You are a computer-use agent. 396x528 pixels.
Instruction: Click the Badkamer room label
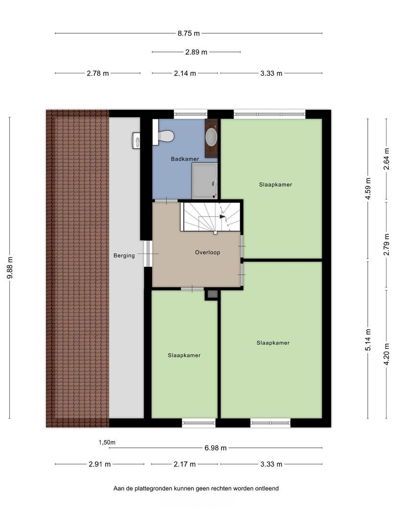click(x=185, y=159)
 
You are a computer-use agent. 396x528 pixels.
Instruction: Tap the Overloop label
click(x=207, y=252)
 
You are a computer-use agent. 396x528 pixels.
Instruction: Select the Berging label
click(x=124, y=256)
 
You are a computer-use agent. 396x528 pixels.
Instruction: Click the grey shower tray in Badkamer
click(x=205, y=181)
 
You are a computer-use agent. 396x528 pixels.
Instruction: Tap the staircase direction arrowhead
click(x=222, y=217)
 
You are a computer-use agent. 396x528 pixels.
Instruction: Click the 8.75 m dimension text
click(x=189, y=33)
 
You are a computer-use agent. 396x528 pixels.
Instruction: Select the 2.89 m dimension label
click(x=197, y=52)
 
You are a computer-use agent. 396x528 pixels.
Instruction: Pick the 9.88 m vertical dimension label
click(x=10, y=268)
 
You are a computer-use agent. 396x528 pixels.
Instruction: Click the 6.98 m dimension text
click(x=216, y=448)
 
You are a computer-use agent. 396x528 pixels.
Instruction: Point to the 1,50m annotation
click(x=107, y=442)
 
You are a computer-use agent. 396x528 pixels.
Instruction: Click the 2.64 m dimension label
click(x=386, y=159)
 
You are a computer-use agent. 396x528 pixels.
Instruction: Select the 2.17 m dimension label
click(x=184, y=464)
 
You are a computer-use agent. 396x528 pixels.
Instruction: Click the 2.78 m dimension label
click(x=98, y=73)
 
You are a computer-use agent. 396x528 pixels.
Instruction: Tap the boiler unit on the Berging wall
click(x=136, y=140)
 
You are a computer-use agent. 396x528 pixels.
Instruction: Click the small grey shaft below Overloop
click(x=212, y=294)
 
